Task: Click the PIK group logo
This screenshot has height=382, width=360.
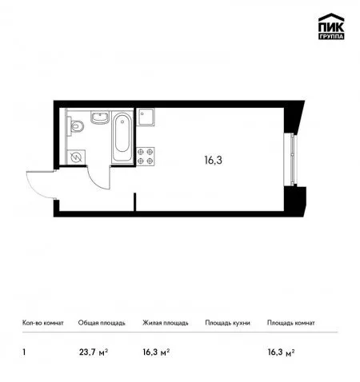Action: pyautogui.click(x=331, y=26)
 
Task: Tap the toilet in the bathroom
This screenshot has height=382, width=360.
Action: pyautogui.click(x=75, y=125)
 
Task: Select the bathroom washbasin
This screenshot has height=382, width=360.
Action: pyautogui.click(x=100, y=117)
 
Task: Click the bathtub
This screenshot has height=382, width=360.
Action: pyautogui.click(x=122, y=137)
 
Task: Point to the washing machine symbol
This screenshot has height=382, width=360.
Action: pyautogui.click(x=76, y=157)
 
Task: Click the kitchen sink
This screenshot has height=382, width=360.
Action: pyautogui.click(x=146, y=117)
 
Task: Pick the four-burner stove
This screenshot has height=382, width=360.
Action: pyautogui.click(x=146, y=157)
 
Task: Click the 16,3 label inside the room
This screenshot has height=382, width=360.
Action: pyautogui.click(x=213, y=160)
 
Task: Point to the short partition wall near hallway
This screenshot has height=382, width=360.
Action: pyautogui.click(x=135, y=202)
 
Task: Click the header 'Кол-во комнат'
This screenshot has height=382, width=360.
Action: pyautogui.click(x=43, y=323)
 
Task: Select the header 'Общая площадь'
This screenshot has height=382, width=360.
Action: pyautogui.click(x=102, y=323)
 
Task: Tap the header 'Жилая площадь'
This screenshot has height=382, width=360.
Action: pyautogui.click(x=166, y=323)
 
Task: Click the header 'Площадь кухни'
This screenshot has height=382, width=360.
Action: pyautogui.click(x=227, y=323)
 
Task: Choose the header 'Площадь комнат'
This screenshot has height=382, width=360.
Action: pyautogui.click(x=291, y=323)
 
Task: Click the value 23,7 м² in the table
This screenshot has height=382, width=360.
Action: pyautogui.click(x=94, y=352)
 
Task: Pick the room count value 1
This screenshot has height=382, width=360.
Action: pyautogui.click(x=24, y=352)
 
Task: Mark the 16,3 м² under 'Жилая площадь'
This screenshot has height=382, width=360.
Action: pyautogui.click(x=156, y=352)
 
